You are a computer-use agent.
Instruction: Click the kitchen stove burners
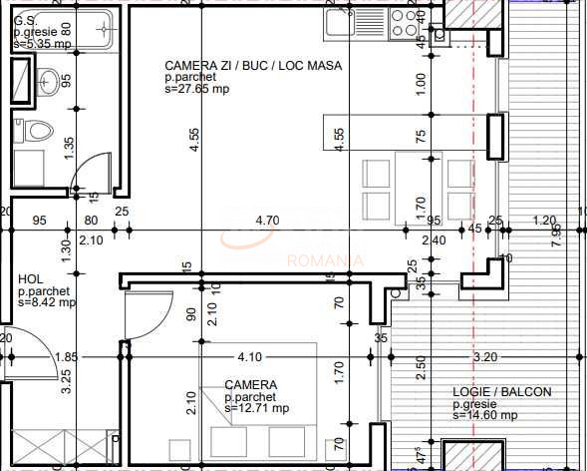click(404, 23)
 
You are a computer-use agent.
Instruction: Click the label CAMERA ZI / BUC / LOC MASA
click(253, 66)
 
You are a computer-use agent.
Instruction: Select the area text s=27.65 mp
click(198, 90)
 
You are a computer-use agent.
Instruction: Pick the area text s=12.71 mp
click(256, 407)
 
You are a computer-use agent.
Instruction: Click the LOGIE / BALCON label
click(501, 392)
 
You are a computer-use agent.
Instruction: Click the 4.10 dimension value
click(248, 356)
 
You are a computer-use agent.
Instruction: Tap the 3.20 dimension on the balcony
click(484, 356)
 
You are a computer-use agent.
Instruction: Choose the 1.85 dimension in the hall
click(66, 356)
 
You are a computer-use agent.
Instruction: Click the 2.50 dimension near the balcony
click(422, 365)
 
